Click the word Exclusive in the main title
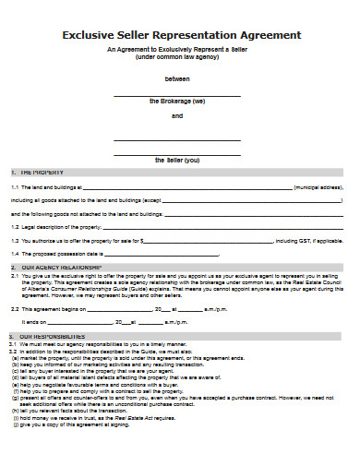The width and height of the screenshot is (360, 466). [x=90, y=35]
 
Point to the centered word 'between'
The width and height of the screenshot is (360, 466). [x=176, y=78]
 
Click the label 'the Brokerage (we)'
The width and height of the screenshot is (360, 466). [x=177, y=101]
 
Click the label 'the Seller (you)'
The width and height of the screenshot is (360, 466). [x=177, y=159]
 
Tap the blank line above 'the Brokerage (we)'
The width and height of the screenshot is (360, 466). [x=177, y=94]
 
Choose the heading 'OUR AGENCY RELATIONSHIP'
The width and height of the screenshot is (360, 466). [x=57, y=266]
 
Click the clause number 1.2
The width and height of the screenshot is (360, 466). [x=15, y=226]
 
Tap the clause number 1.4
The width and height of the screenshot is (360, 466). [x=15, y=253]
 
